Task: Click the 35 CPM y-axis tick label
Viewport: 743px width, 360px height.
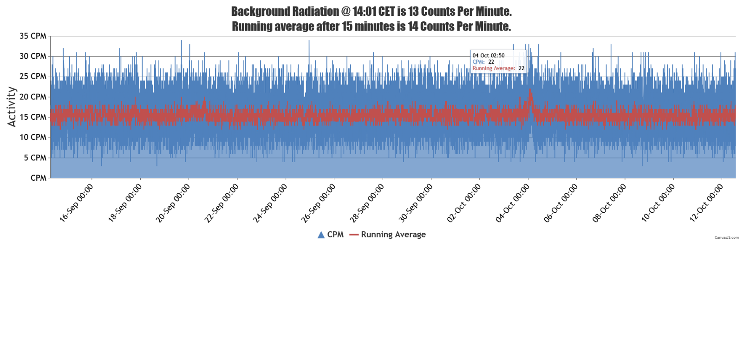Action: (x=33, y=36)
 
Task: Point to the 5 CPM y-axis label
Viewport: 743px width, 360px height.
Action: (x=35, y=158)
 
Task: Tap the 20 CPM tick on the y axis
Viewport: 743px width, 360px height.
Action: (x=33, y=97)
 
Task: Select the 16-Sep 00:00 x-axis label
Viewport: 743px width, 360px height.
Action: (x=77, y=203)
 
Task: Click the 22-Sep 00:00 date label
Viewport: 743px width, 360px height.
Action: (x=222, y=203)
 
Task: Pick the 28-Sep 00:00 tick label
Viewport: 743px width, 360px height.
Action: (x=367, y=203)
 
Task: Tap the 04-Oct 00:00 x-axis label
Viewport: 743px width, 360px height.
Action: (x=513, y=203)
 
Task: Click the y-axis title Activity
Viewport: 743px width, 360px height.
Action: (x=12, y=107)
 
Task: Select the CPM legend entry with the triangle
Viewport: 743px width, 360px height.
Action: (x=331, y=235)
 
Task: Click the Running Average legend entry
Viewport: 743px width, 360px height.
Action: (x=388, y=235)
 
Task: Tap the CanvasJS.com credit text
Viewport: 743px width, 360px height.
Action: (x=726, y=237)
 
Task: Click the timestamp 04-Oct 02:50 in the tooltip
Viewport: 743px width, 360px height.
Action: (x=489, y=56)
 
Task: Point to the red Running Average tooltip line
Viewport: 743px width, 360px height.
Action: (x=498, y=68)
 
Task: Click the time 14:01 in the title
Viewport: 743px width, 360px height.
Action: (x=365, y=11)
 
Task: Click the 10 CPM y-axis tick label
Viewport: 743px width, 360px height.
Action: (x=33, y=137)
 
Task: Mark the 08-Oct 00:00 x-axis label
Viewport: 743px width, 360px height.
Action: (x=610, y=203)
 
